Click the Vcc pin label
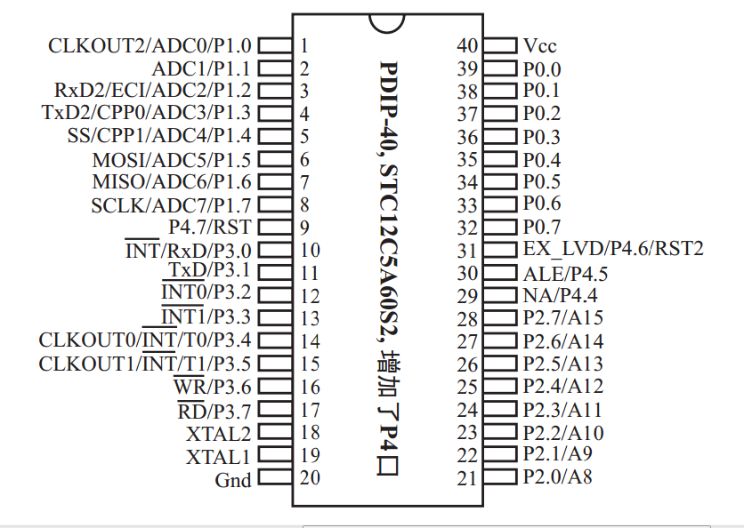tap(540, 45)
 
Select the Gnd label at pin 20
tap(233, 480)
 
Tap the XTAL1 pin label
tap(218, 457)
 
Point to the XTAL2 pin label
tap(218, 434)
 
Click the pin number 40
tap(467, 45)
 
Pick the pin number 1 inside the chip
tap(304, 45)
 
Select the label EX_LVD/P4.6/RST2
tap(613, 249)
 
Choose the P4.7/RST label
tap(210, 228)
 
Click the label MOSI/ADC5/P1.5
tap(172, 160)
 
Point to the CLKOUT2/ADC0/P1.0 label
tap(150, 45)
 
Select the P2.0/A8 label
tap(558, 477)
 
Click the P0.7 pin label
tap(541, 227)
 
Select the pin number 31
tap(467, 251)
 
